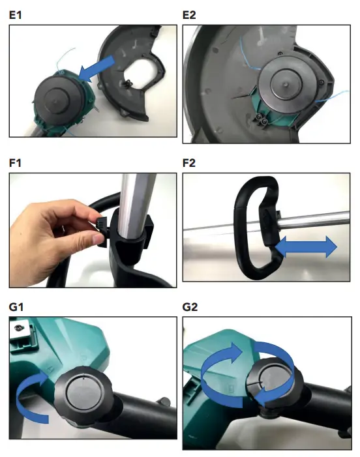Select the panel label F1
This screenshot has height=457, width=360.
point(16,162)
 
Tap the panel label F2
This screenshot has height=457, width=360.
point(191,162)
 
